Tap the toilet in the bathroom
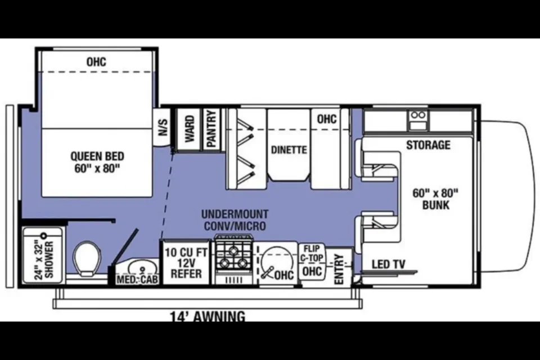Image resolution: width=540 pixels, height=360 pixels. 87,258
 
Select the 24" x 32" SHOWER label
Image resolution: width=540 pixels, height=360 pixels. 45,260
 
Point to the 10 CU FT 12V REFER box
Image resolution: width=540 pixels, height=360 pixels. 186,262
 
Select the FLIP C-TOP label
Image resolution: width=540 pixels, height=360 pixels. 312,253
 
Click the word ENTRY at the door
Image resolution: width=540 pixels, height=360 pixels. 339,269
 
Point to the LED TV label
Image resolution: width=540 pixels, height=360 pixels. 389,264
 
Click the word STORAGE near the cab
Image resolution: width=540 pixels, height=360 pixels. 428,145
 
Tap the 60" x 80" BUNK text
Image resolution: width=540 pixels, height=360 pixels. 435,199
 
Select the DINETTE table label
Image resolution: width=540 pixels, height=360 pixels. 289,150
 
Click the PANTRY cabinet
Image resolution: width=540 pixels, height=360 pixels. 211,129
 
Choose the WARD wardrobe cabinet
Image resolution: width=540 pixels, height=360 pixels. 189,129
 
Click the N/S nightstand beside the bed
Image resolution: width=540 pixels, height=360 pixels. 163,128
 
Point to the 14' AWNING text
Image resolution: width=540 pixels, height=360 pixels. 208,316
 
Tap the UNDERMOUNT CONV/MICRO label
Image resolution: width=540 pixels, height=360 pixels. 235,220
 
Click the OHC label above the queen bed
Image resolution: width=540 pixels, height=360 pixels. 96,62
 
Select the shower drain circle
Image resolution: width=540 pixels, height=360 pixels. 44,236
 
